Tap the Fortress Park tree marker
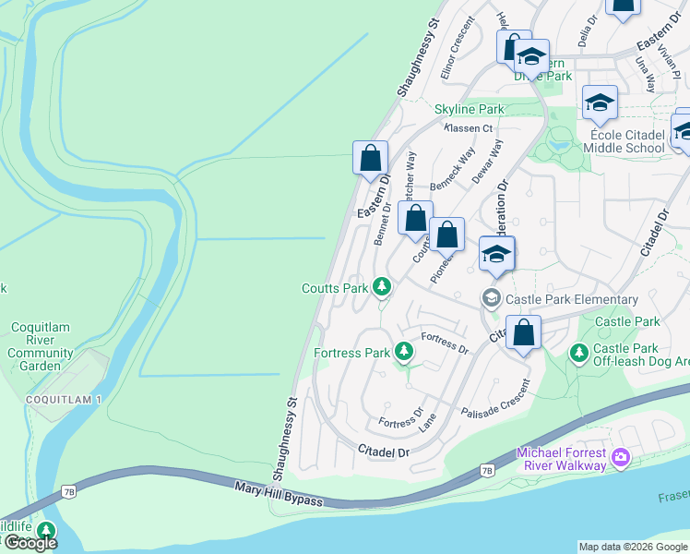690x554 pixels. (403, 352)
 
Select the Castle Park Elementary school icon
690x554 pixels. (491, 298)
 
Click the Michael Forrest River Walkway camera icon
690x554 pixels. (621, 457)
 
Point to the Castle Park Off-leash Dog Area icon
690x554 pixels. (578, 353)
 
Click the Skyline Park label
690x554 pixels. (470, 109)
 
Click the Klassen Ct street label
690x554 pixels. (469, 127)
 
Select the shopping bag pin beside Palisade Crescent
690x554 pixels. (523, 334)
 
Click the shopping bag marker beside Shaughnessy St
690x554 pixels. (370, 159)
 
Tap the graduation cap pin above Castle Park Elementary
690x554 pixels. (496, 255)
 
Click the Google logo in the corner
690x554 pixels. (30, 543)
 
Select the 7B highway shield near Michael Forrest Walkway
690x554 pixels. (487, 471)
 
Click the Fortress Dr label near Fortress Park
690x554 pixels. (445, 343)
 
